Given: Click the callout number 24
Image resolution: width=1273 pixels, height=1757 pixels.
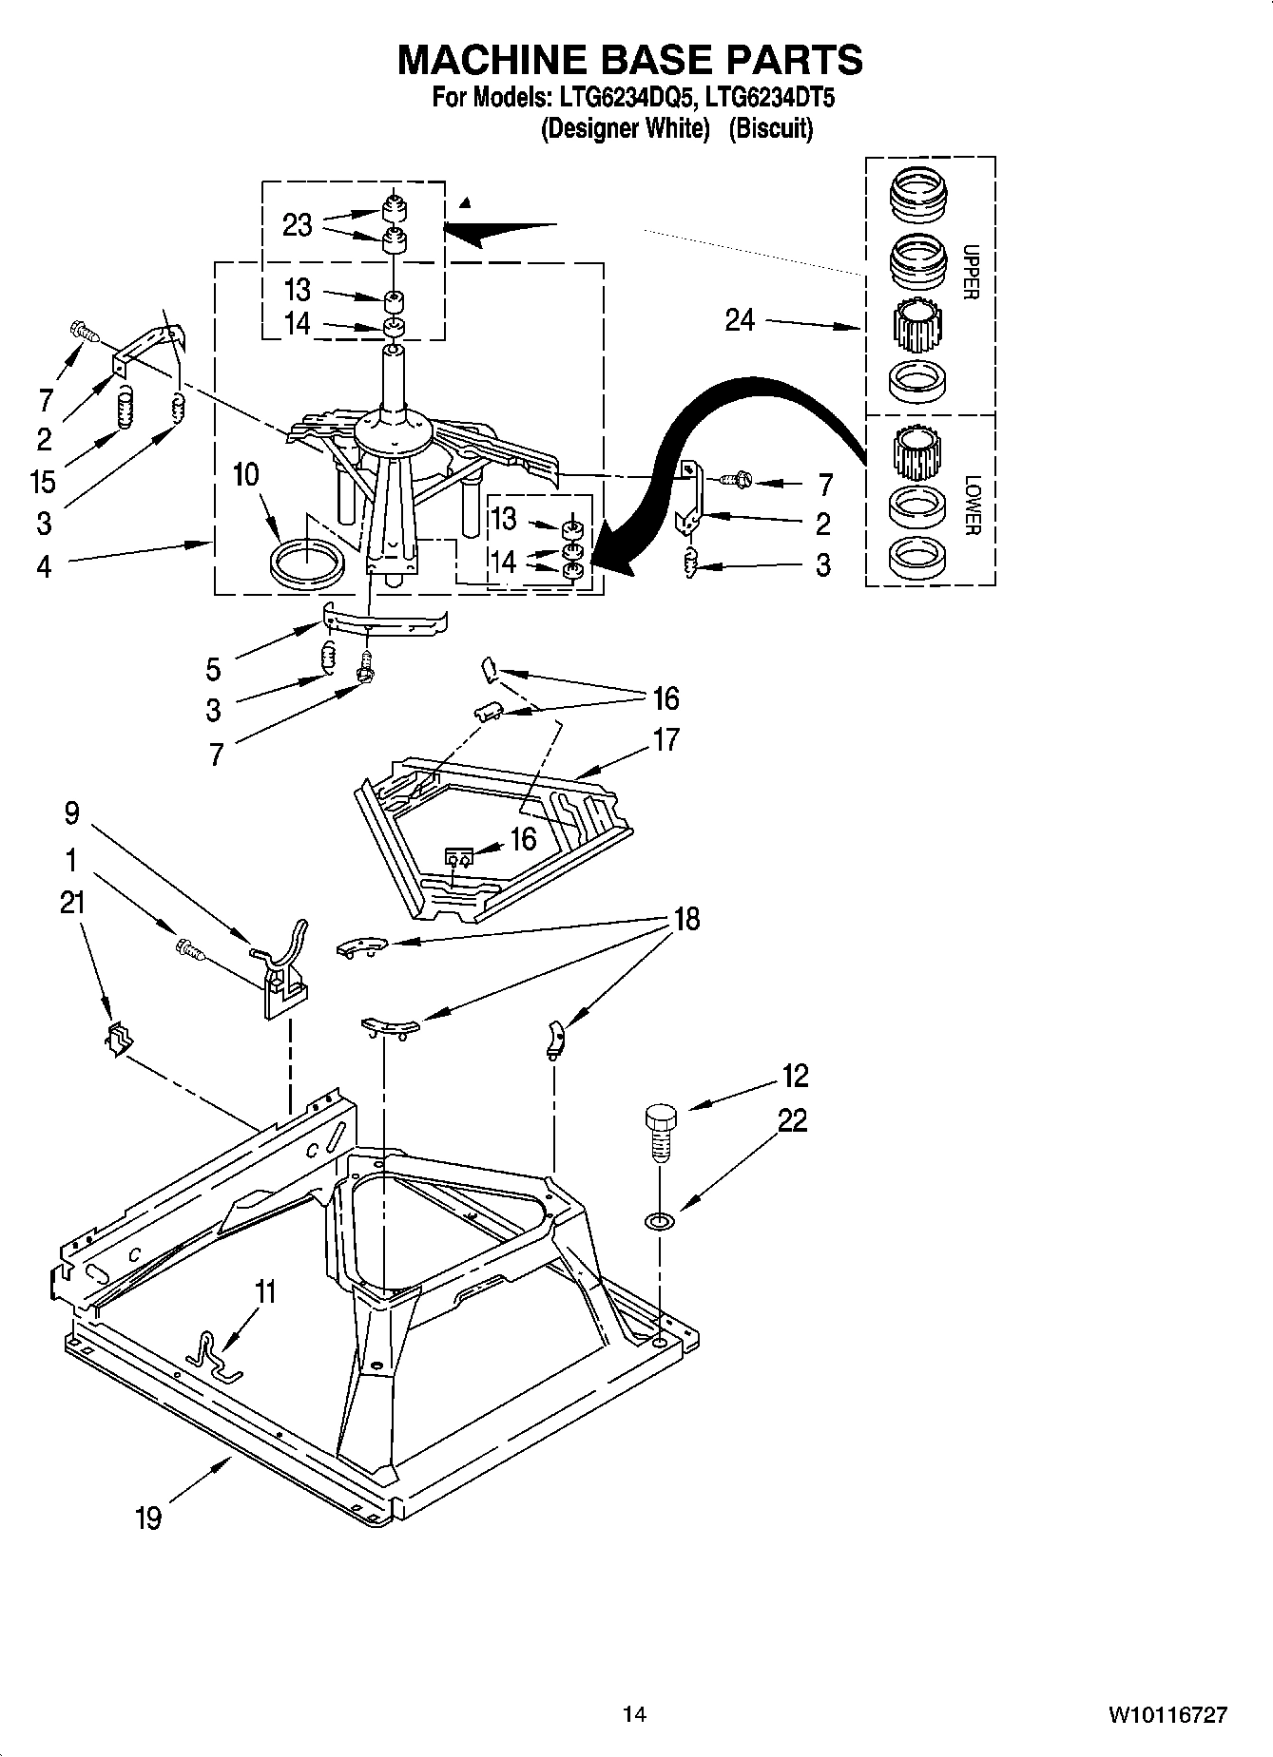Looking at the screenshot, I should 740,320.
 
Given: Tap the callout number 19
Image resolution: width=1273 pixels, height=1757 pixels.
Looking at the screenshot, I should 148,1518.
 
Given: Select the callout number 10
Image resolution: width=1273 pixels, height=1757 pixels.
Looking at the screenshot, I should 245,474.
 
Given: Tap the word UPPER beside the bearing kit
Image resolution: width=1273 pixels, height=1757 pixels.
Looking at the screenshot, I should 970,272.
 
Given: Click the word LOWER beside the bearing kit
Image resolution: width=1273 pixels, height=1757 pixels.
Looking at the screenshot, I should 970,506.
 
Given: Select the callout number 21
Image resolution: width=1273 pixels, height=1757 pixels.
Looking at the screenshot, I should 71,903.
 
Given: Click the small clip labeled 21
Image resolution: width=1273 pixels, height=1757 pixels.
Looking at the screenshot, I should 117,1041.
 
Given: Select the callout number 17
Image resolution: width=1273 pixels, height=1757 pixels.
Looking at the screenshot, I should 666,739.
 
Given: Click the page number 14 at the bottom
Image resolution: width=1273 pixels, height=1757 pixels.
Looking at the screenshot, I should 634,1714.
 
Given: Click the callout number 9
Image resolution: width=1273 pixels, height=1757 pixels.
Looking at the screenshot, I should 71,813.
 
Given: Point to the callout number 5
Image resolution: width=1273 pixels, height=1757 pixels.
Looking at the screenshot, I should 213,669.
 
